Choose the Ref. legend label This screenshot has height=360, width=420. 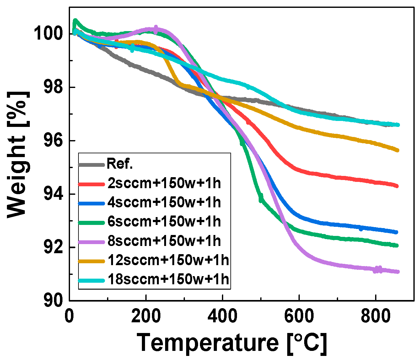(120, 164)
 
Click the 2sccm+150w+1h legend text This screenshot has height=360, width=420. (164, 183)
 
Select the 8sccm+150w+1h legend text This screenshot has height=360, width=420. (164, 241)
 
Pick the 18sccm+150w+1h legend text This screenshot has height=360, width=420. (168, 279)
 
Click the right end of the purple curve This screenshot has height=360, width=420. (397, 271)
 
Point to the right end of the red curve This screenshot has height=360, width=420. (397, 186)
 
